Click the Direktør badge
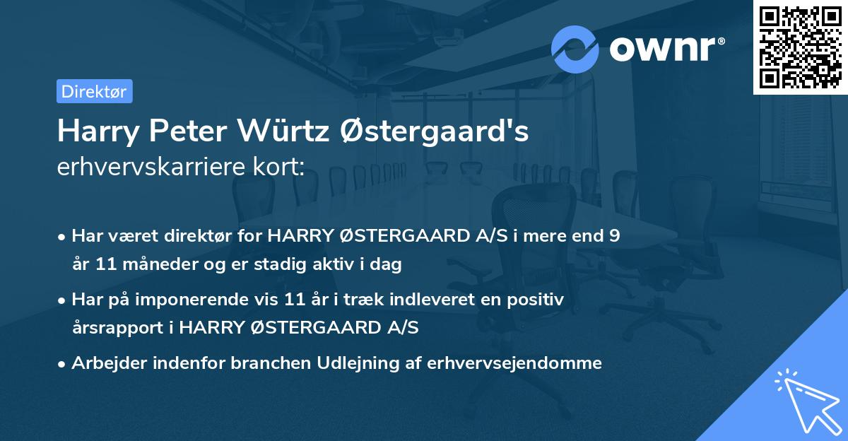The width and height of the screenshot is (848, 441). coord(95,91)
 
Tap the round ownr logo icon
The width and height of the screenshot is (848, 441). coord(575,49)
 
